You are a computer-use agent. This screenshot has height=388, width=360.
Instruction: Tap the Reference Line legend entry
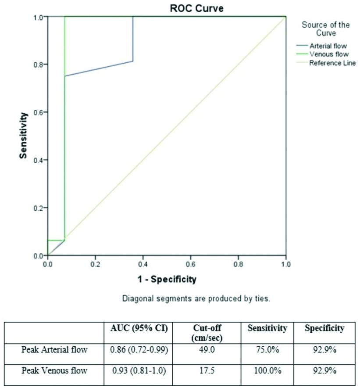click(x=332, y=63)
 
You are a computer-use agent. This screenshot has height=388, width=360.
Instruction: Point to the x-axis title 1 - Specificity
click(x=166, y=279)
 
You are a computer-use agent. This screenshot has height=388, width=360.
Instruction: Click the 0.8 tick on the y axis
click(x=39, y=65)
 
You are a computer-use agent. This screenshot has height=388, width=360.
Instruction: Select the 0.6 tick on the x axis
click(x=190, y=265)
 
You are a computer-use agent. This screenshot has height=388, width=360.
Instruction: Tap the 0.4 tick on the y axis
click(x=39, y=160)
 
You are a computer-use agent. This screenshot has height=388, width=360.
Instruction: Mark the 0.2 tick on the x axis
click(x=95, y=265)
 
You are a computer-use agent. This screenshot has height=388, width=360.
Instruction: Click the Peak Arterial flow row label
click(x=54, y=350)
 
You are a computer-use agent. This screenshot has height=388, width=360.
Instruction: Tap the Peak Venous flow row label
click(x=54, y=371)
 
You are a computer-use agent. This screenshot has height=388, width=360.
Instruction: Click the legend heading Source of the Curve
click(x=325, y=29)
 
